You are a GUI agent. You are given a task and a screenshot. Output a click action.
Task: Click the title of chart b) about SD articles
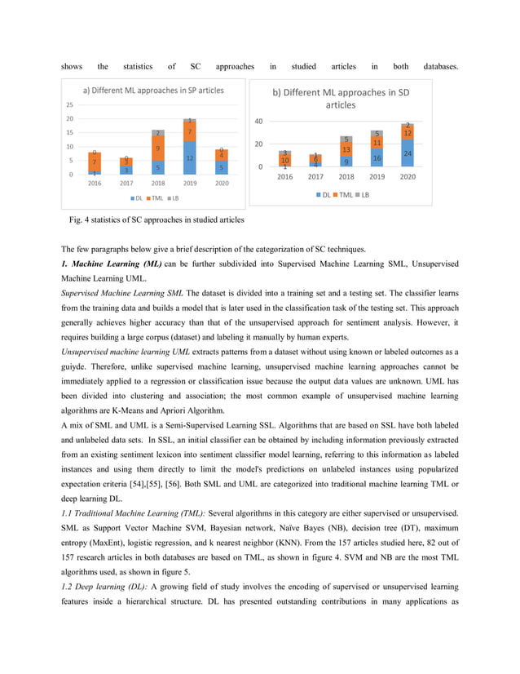pyautogui.click(x=341, y=98)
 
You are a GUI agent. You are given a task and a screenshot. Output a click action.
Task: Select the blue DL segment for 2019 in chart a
pyautogui.click(x=189, y=158)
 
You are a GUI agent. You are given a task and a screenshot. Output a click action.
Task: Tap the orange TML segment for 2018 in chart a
pyautogui.click(x=158, y=149)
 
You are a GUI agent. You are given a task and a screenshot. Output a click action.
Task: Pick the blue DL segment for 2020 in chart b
pyautogui.click(x=408, y=153)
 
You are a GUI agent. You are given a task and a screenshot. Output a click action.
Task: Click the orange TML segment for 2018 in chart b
pyautogui.click(x=346, y=149)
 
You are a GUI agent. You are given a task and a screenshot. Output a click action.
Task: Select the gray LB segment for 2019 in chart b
pyautogui.click(x=377, y=134)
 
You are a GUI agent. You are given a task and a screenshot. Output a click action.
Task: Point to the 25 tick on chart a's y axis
pyautogui.click(x=71, y=105)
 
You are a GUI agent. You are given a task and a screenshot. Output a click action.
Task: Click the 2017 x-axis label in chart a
pyautogui.click(x=126, y=184)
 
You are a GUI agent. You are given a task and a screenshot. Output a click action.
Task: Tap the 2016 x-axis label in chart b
pyautogui.click(x=284, y=176)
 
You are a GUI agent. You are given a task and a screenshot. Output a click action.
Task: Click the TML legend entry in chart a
pyautogui.click(x=148, y=198)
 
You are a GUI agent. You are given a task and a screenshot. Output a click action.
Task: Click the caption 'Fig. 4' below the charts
pyautogui.click(x=83, y=220)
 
